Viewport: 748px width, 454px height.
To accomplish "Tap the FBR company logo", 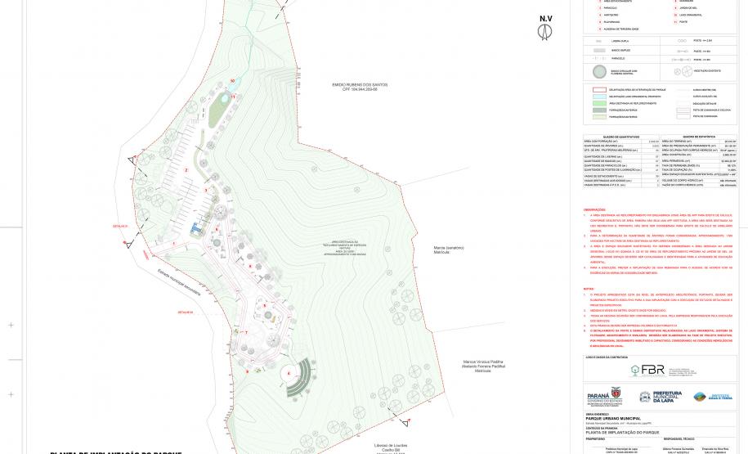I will click(652, 369).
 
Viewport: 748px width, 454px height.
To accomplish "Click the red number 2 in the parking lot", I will click(186, 169).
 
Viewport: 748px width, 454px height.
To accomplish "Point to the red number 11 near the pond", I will click(234, 97).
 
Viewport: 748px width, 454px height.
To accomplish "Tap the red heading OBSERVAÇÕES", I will click(595, 209).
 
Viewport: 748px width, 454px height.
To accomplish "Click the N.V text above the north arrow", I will click(544, 18).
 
